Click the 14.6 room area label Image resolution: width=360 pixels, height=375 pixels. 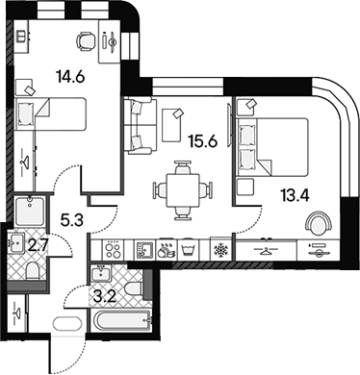[70, 77]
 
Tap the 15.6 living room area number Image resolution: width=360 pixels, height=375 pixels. [203, 141]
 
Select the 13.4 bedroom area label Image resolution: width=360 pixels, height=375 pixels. [295, 195]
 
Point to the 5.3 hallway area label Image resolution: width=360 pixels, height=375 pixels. [72, 220]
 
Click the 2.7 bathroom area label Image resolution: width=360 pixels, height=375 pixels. [38, 246]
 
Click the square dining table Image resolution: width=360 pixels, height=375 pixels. [183, 190]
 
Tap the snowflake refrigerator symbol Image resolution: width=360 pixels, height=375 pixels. [220, 249]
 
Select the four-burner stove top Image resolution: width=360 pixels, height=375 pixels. [113, 249]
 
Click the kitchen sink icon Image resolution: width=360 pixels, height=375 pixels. [144, 249]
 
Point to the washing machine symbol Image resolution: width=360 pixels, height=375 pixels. [189, 250]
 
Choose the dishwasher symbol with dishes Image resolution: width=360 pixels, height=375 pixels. [167, 250]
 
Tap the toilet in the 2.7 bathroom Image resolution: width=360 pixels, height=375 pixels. [33, 271]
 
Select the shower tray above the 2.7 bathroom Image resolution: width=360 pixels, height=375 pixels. [30, 212]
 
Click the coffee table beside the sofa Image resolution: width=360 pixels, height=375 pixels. [172, 125]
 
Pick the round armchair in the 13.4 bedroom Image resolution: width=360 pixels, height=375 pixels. [318, 223]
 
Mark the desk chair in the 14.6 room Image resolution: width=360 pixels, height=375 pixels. [86, 40]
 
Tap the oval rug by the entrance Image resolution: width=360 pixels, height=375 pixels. [68, 324]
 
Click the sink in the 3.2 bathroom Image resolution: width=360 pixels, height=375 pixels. [101, 273]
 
